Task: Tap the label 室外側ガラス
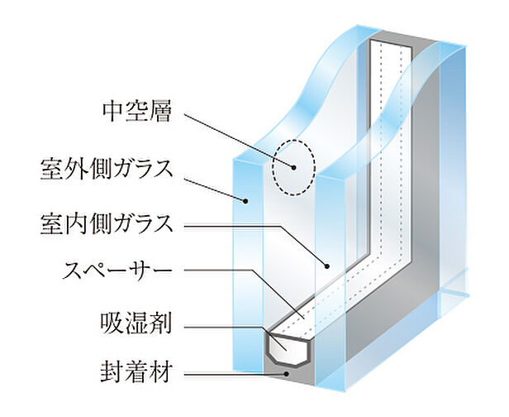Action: pos(106,168)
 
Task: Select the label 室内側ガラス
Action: pos(106,223)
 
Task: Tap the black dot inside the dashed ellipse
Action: pos(293,166)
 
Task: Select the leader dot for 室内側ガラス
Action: pos(328,267)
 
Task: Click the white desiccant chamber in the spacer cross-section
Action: pos(288,345)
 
